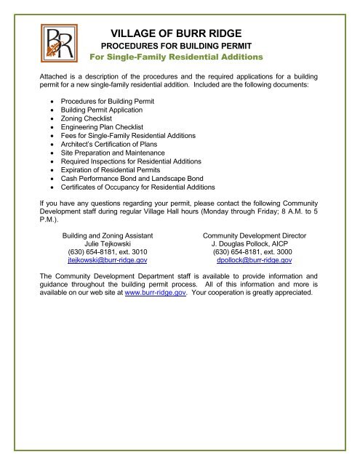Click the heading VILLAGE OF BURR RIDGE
[x=180, y=33]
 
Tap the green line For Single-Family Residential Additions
[x=180, y=57]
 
